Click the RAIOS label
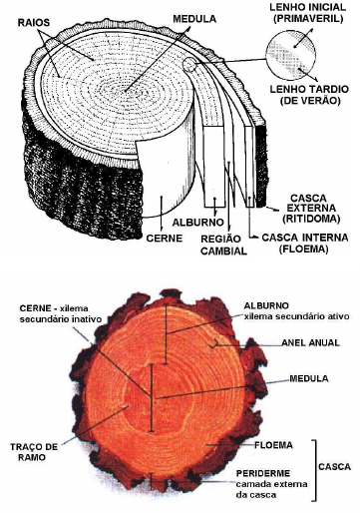(x=34, y=23)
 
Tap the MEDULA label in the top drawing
(x=194, y=19)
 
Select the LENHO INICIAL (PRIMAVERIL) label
(x=308, y=13)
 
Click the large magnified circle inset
(x=290, y=55)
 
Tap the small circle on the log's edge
(x=189, y=65)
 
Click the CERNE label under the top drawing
(x=165, y=239)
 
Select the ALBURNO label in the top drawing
(x=198, y=223)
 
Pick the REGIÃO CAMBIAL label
(x=223, y=245)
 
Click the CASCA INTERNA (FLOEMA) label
(x=305, y=244)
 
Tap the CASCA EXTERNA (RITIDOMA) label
(x=312, y=209)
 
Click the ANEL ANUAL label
(x=310, y=342)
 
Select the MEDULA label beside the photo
(x=309, y=378)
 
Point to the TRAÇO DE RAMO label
(x=34, y=452)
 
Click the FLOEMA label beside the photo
(x=273, y=445)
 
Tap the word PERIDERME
(x=263, y=473)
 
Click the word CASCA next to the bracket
(x=334, y=467)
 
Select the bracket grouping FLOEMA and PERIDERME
(x=314, y=470)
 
